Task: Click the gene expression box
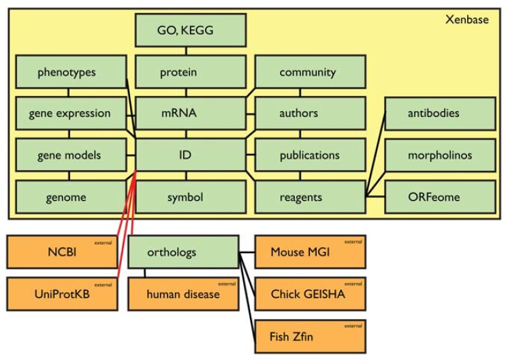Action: pyautogui.click(x=71, y=114)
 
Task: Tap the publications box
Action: pyautogui.click(x=310, y=155)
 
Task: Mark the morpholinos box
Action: pyautogui.click(x=440, y=155)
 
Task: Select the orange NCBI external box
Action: pyautogui.click(x=61, y=252)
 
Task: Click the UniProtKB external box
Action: pyautogui.click(x=61, y=294)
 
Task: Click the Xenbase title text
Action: pyautogui.click(x=467, y=19)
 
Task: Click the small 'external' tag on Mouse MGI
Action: pyautogui.click(x=353, y=242)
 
